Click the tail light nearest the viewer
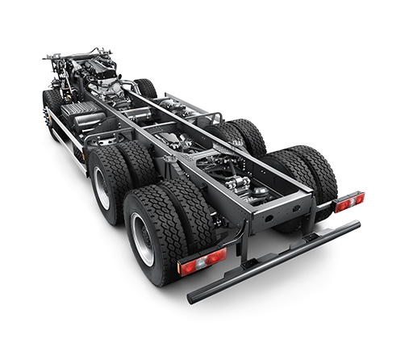pos(202,262)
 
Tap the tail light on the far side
pos(349,202)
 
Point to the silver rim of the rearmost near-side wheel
pos(143,239)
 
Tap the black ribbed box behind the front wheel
pos(80,113)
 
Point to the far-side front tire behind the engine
pos(145,87)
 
